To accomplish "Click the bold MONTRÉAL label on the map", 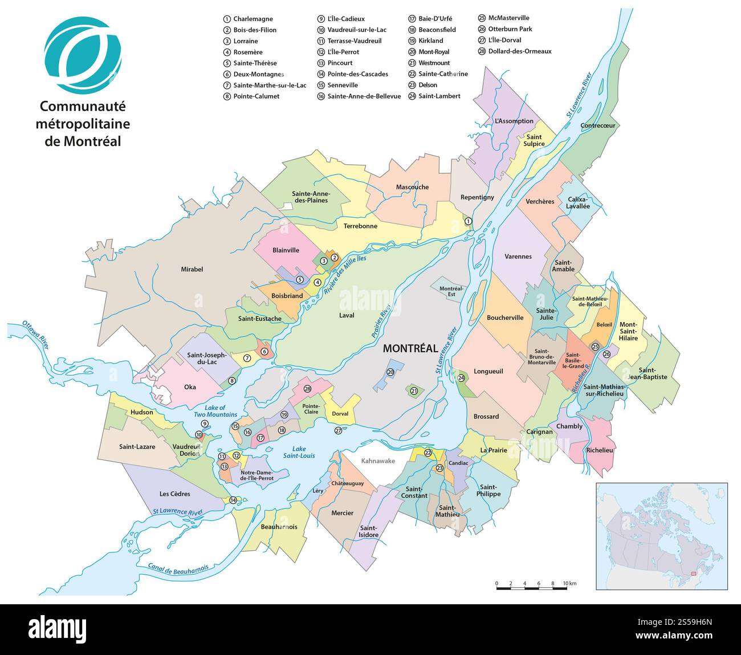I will pyautogui.click(x=410, y=348).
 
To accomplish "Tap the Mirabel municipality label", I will pyautogui.click(x=192, y=269).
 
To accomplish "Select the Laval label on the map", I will pyautogui.click(x=346, y=315).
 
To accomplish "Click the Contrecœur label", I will pyautogui.click(x=598, y=125).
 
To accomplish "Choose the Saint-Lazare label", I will pyautogui.click(x=137, y=446).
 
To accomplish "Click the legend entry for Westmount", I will pyautogui.click(x=434, y=63).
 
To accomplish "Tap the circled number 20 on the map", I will pyautogui.click(x=390, y=372).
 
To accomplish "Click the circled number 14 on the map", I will pyautogui.click(x=233, y=500).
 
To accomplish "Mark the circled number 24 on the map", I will pyautogui.click(x=461, y=378).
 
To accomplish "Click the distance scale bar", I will pyautogui.click(x=531, y=587).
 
